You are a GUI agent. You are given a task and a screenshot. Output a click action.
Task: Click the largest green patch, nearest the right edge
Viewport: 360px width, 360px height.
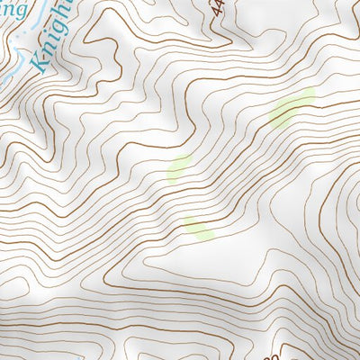coord(292,109)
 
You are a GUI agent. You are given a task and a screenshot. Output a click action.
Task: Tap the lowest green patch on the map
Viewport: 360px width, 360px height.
coord(199,227)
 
